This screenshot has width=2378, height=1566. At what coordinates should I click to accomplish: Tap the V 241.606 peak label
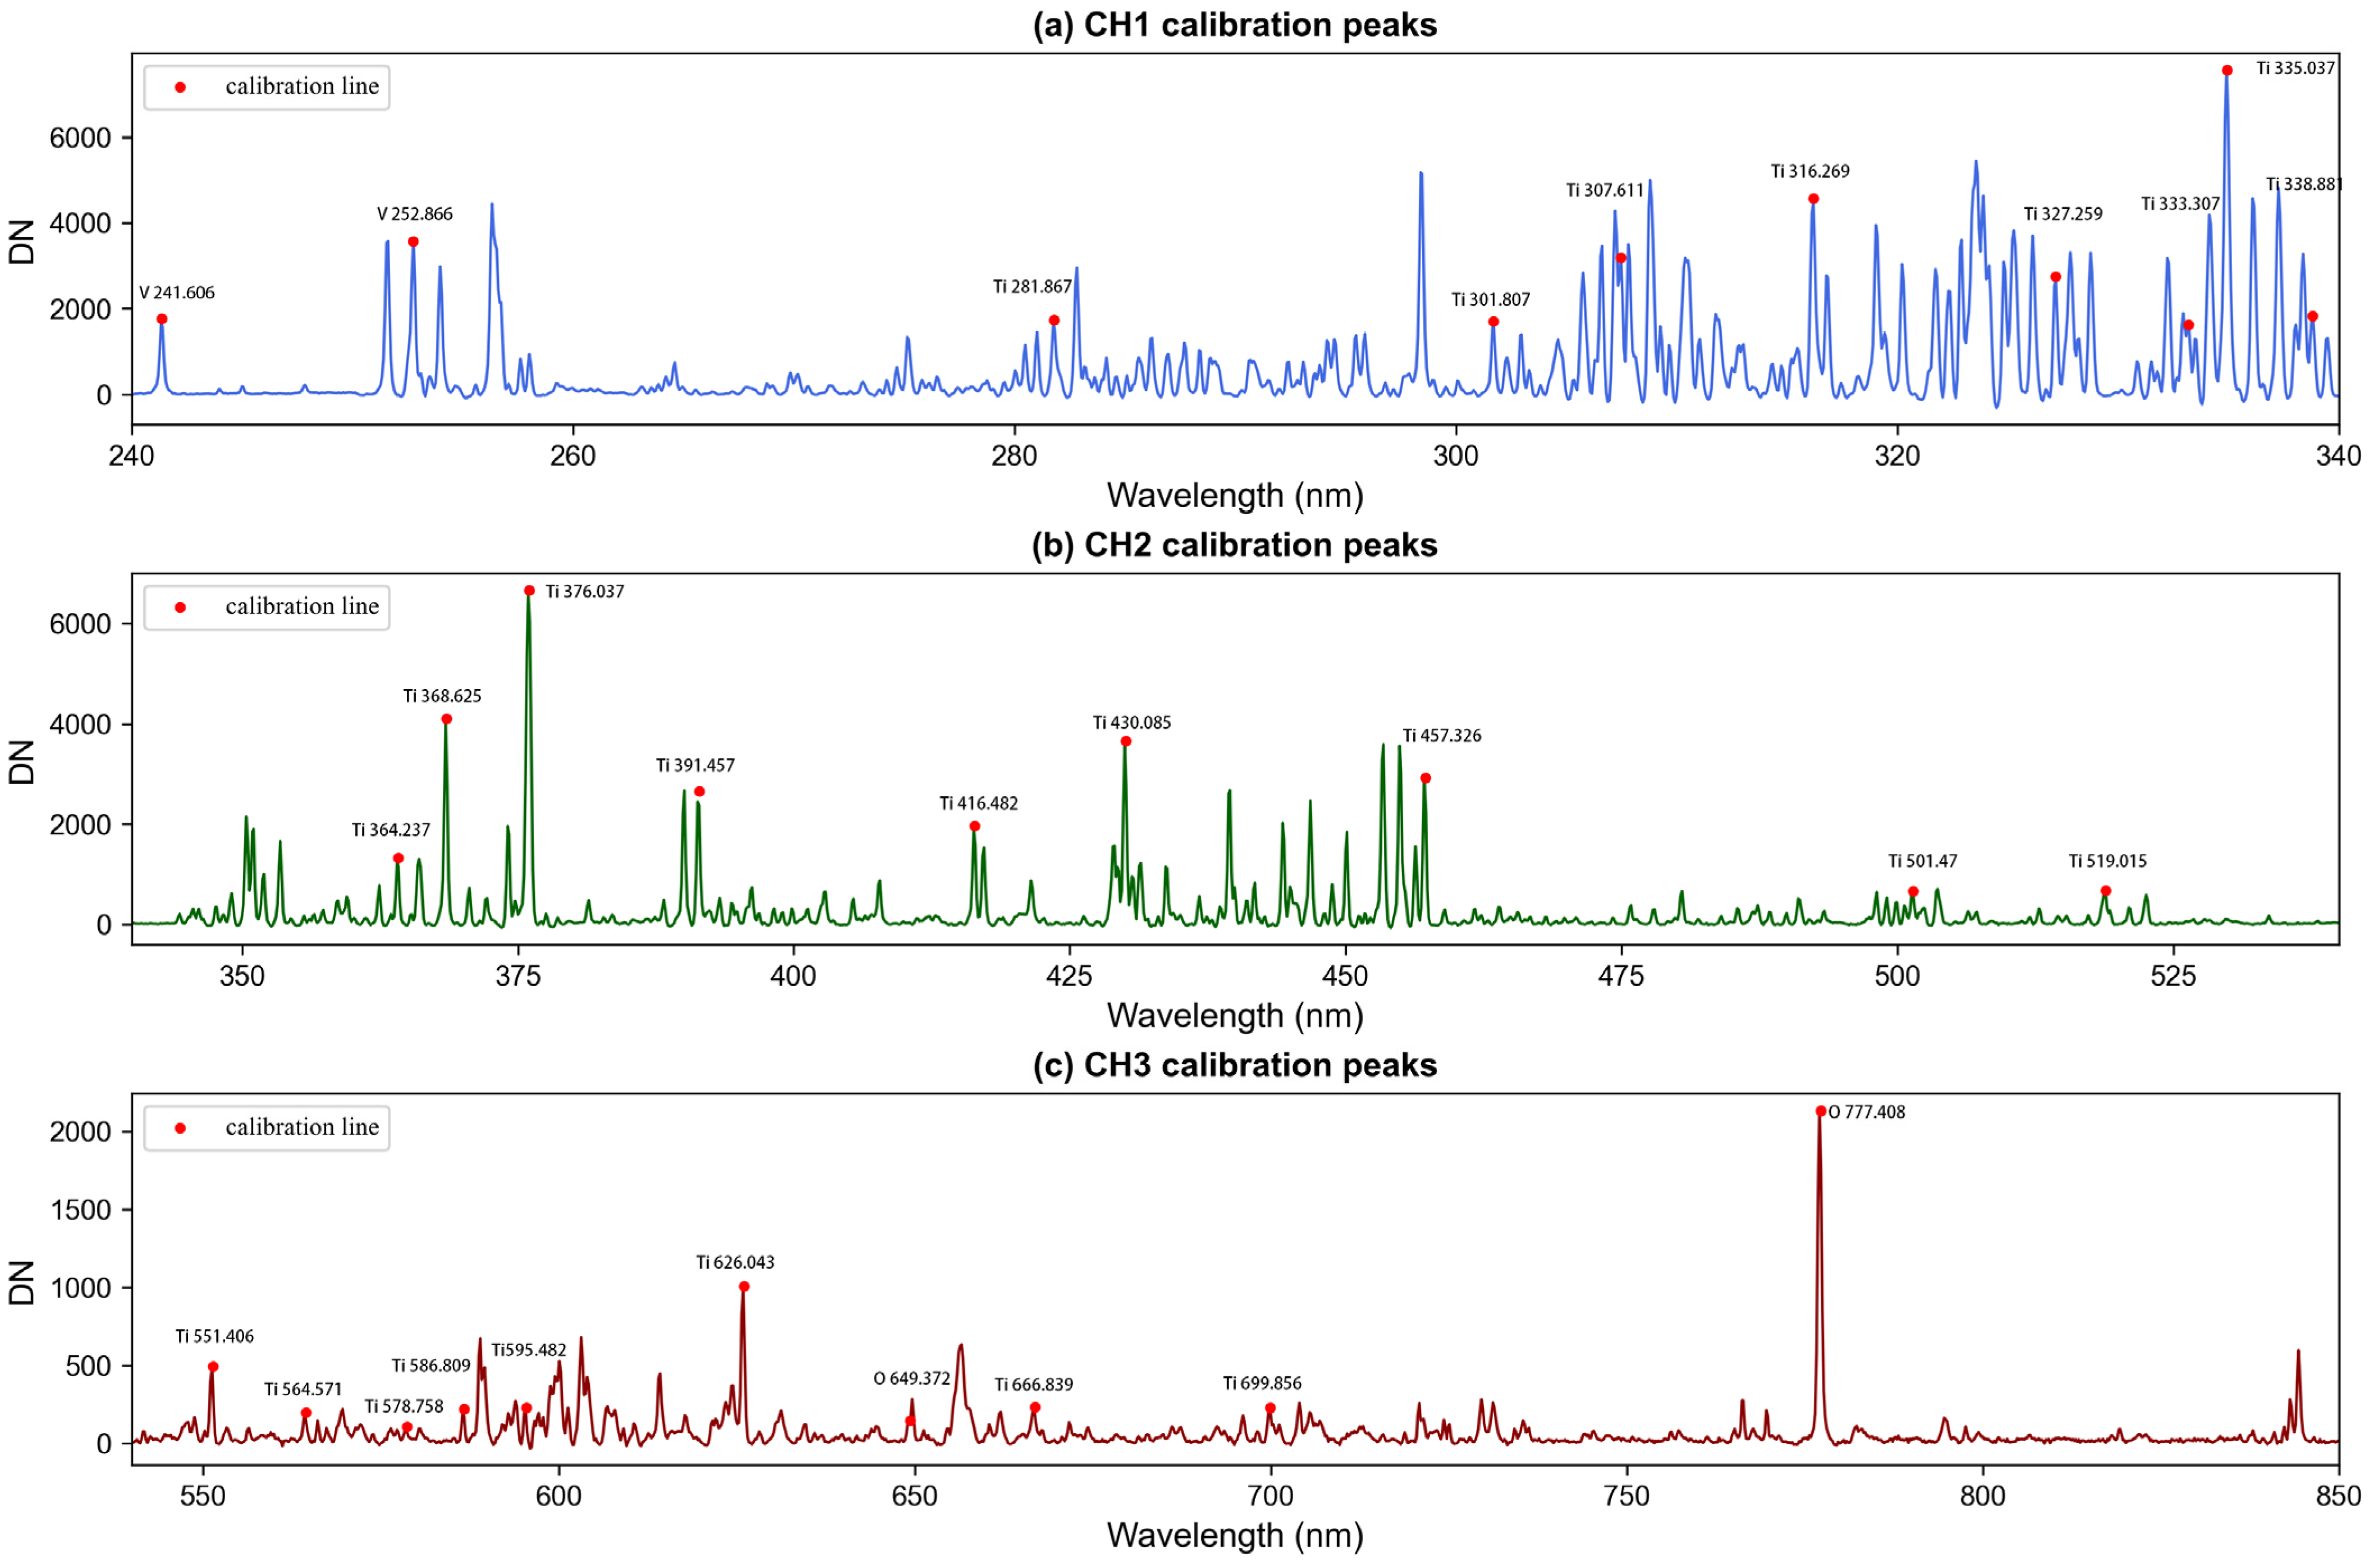[x=177, y=293]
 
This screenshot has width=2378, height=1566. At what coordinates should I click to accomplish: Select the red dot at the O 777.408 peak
[x=1821, y=1111]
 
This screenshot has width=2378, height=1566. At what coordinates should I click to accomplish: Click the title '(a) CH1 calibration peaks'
[x=1234, y=24]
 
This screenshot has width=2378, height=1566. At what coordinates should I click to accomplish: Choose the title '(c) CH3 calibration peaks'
[x=1234, y=1065]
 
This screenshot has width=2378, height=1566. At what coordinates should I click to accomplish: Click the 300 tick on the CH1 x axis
[x=1456, y=456]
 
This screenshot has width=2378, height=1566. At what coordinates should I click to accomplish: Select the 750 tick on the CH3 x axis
[x=1625, y=1496]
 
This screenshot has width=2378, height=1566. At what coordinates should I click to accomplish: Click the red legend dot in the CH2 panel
[x=180, y=608]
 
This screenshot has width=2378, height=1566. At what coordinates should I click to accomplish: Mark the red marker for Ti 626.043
[x=744, y=1287]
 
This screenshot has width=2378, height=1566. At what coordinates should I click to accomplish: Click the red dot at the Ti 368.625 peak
[x=447, y=719]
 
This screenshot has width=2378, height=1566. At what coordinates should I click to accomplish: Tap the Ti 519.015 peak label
[x=2107, y=861]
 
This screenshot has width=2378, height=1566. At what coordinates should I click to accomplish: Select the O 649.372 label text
[x=911, y=1379]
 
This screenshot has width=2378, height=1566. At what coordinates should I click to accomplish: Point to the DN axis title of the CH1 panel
[x=22, y=242]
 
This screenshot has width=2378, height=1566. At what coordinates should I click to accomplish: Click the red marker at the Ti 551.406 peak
[x=213, y=1367]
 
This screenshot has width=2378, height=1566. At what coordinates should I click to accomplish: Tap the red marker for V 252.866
[x=413, y=242]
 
